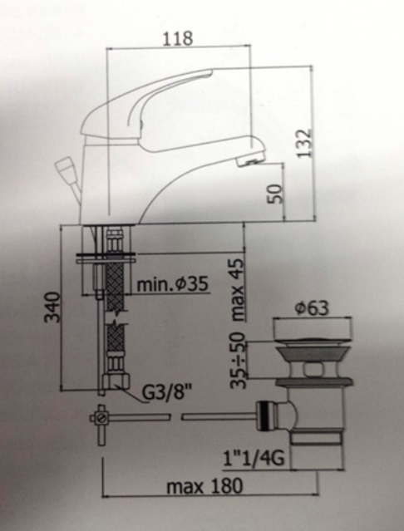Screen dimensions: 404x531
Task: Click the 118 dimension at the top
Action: pos(178,38)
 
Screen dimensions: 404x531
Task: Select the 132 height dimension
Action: pos(303,143)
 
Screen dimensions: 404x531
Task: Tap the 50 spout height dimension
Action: pos(274,194)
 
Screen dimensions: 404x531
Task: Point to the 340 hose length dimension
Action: pos(53,307)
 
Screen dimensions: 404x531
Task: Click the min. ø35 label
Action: pos(173,284)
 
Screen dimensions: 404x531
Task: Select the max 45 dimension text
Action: pos(238,290)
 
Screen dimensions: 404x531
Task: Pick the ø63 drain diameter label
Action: pos(312,308)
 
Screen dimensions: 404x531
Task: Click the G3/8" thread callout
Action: pos(166,392)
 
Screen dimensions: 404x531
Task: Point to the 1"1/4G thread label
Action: pos(254,459)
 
